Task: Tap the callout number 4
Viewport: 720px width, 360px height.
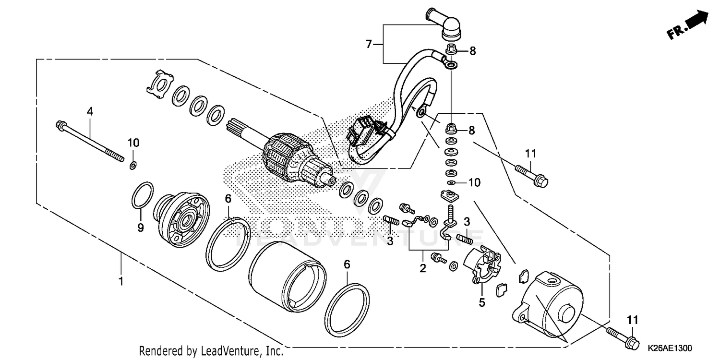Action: tap(89, 111)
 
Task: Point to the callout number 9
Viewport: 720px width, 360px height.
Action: tap(141, 228)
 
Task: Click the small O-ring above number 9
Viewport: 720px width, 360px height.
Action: tap(143, 196)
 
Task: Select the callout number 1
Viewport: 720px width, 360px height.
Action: tap(121, 280)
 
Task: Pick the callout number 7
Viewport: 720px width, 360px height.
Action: tap(369, 44)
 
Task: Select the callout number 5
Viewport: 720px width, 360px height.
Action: tap(482, 302)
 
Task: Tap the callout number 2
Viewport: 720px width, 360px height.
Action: tap(422, 268)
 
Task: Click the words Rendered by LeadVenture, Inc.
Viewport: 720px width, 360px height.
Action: tap(211, 350)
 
